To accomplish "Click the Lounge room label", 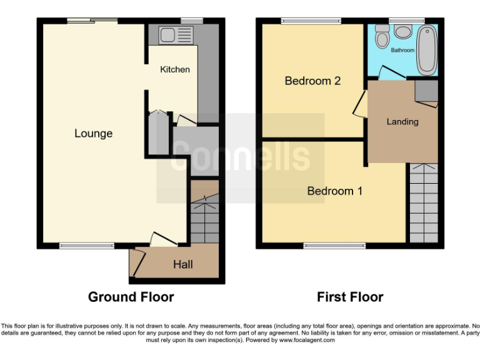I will point(93,133).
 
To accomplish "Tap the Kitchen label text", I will point(175,69).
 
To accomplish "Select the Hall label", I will point(183,265).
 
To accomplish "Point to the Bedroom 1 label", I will point(334,191).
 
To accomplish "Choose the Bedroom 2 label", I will point(312,81).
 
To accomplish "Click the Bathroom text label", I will point(402,50).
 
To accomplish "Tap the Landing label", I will point(402,121).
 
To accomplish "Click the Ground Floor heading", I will point(131,297).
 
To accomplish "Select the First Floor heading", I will point(350,297).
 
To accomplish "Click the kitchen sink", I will point(168,34).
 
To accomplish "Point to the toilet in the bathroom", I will point(382,39).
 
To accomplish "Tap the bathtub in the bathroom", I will point(427,49).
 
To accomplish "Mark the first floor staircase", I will point(423,202).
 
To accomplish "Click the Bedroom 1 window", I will point(334,246).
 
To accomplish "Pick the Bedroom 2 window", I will point(311,22).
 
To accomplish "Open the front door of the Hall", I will point(138,262).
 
